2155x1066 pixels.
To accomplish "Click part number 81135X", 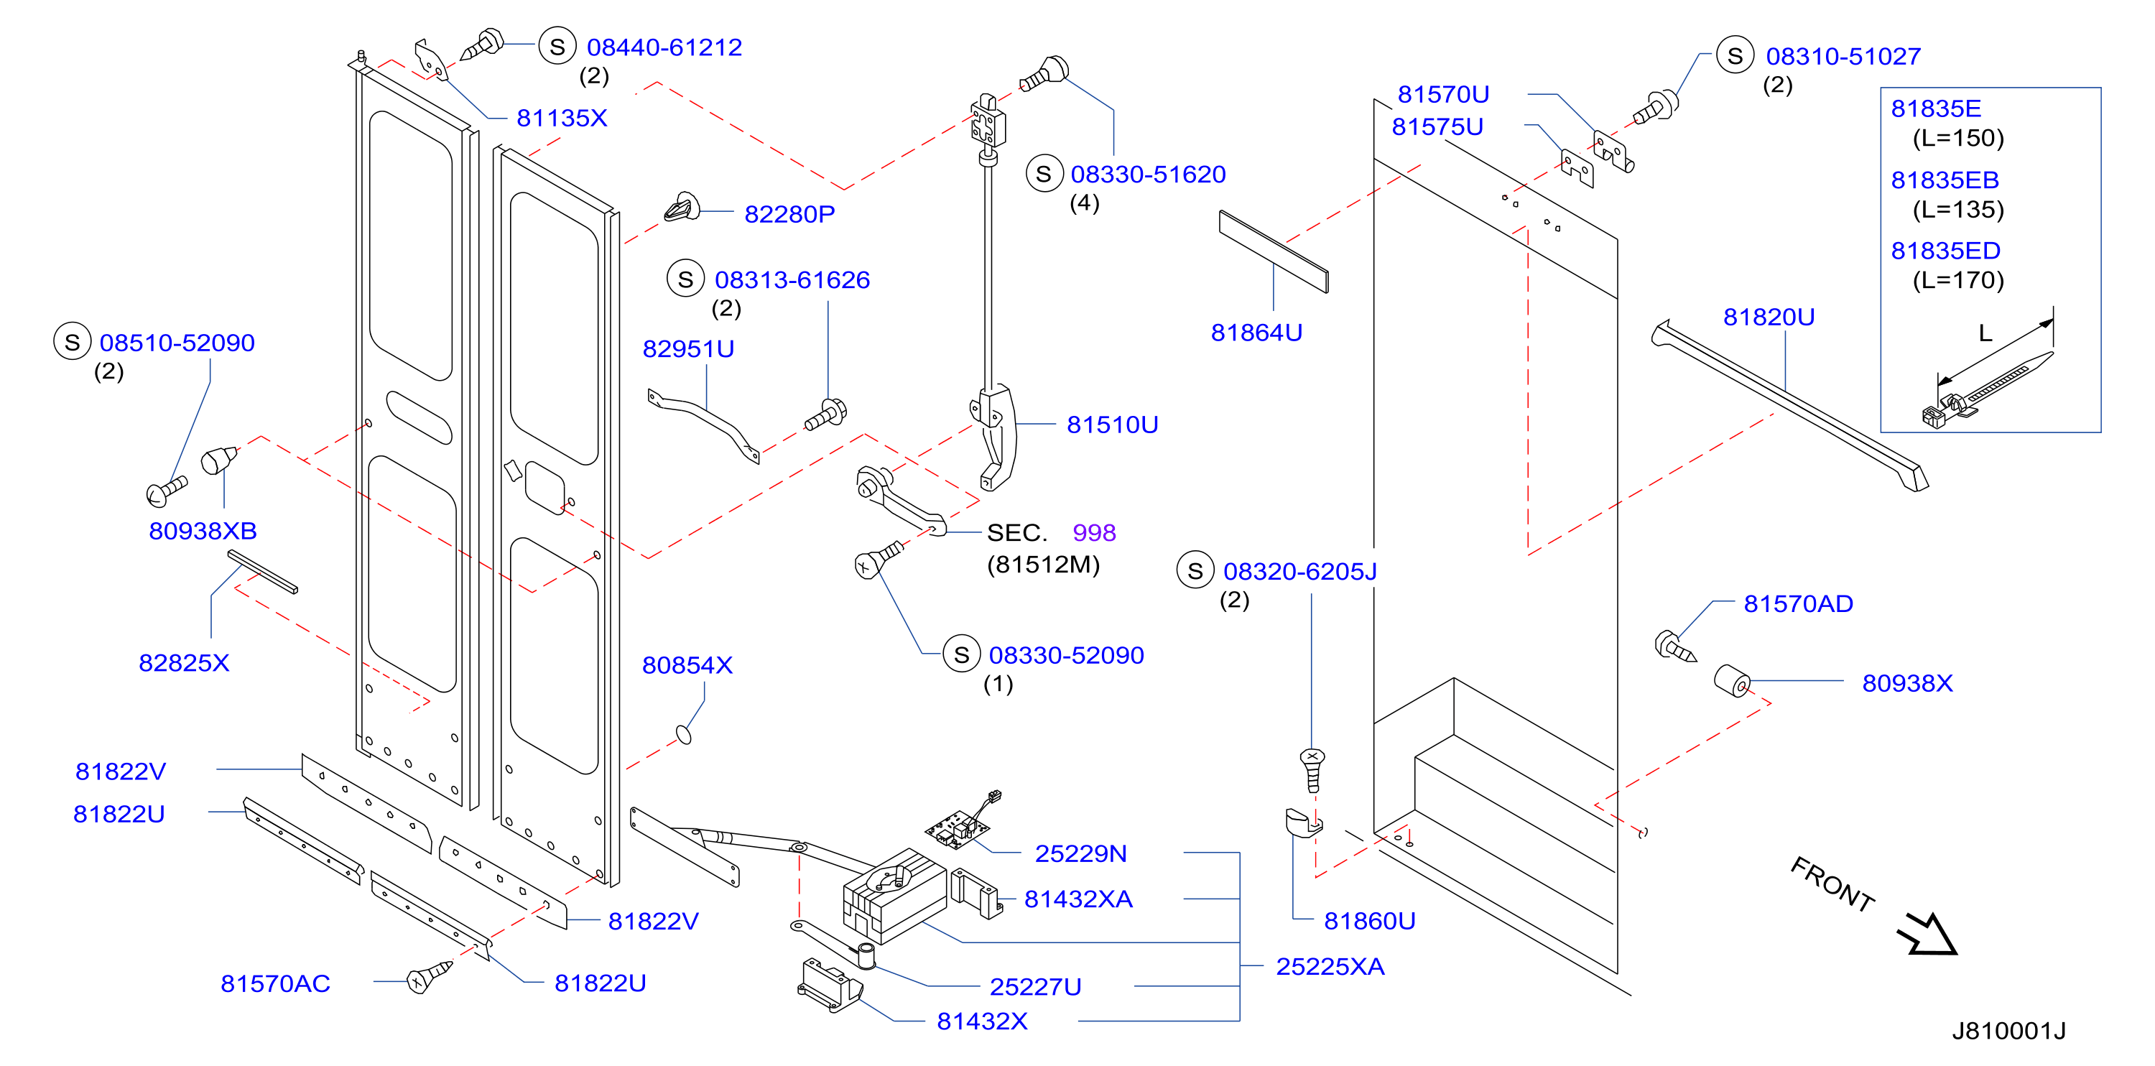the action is tap(561, 118).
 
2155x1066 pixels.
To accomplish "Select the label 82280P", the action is tap(789, 214).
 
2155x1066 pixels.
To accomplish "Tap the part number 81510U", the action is tap(1112, 425).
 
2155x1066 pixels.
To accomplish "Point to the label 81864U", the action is tap(1256, 333).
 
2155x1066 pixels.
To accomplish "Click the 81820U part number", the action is tap(1769, 317).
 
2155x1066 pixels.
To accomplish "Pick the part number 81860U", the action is tap(1369, 921).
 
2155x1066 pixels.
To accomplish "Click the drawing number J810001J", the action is tap(2008, 1031).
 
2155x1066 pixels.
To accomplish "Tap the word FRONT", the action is tap(1832, 884).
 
